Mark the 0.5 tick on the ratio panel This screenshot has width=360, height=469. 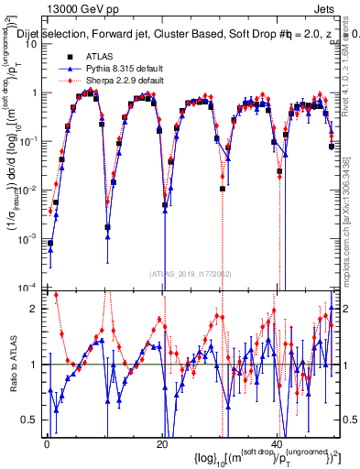(33, 420)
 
